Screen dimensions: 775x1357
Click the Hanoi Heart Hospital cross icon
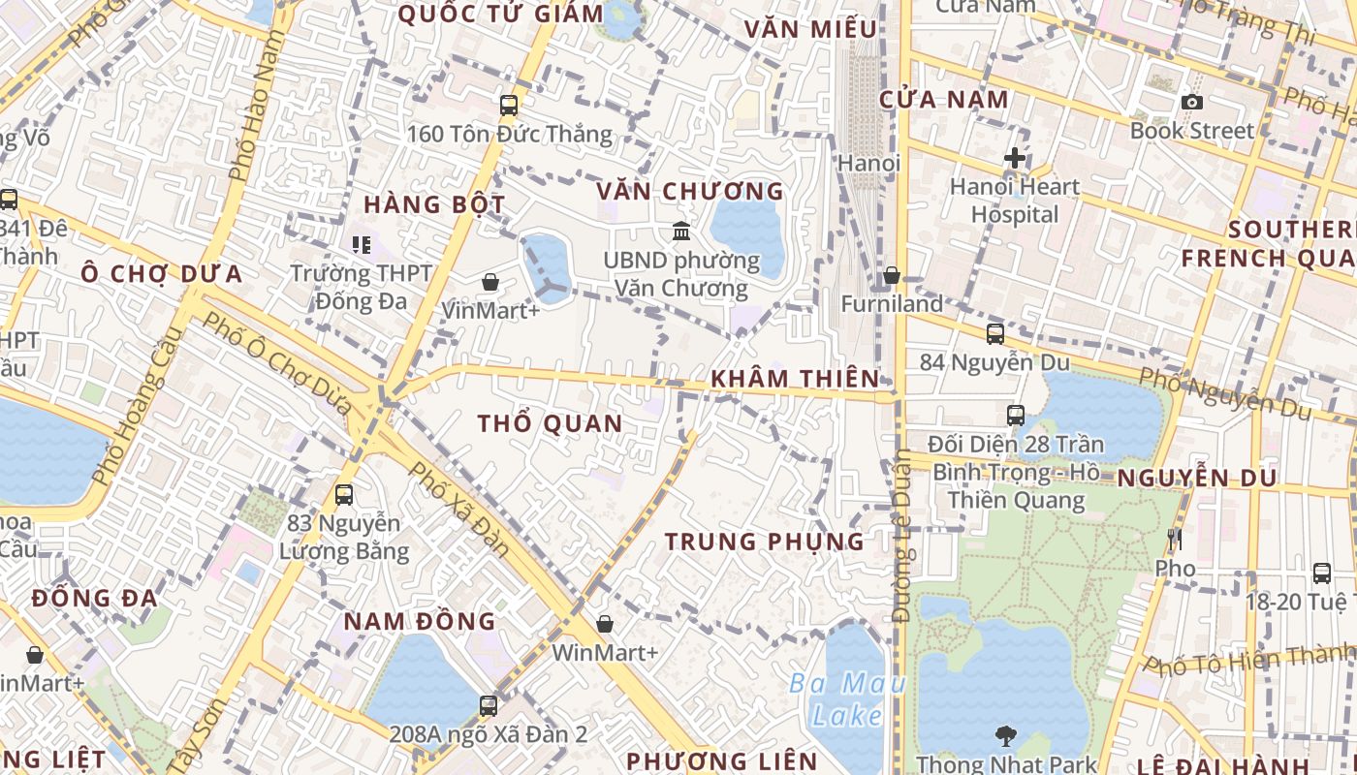tap(1015, 157)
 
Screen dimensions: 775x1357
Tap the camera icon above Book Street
tap(1192, 102)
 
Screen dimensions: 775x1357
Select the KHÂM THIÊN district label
tap(795, 379)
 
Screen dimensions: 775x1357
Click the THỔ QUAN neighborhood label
tap(550, 423)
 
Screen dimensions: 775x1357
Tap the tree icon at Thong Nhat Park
tap(1006, 737)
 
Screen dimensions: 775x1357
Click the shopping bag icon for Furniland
tap(891, 276)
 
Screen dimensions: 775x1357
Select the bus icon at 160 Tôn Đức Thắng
tap(509, 106)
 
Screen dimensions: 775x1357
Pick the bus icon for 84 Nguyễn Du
tap(995, 334)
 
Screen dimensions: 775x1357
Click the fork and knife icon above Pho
tap(1176, 540)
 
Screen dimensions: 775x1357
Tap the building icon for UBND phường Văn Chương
tap(681, 232)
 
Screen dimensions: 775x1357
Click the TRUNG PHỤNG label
tap(765, 542)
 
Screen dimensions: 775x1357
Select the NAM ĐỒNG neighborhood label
tap(420, 621)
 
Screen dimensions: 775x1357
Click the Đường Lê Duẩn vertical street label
tap(901, 552)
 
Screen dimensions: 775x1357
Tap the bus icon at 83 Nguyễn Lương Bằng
tap(344, 495)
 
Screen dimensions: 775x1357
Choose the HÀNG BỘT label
tap(434, 204)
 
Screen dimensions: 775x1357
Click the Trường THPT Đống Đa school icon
tap(362, 245)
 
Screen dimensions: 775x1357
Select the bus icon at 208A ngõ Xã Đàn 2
tap(489, 706)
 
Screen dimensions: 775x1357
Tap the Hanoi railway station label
tap(868, 163)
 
